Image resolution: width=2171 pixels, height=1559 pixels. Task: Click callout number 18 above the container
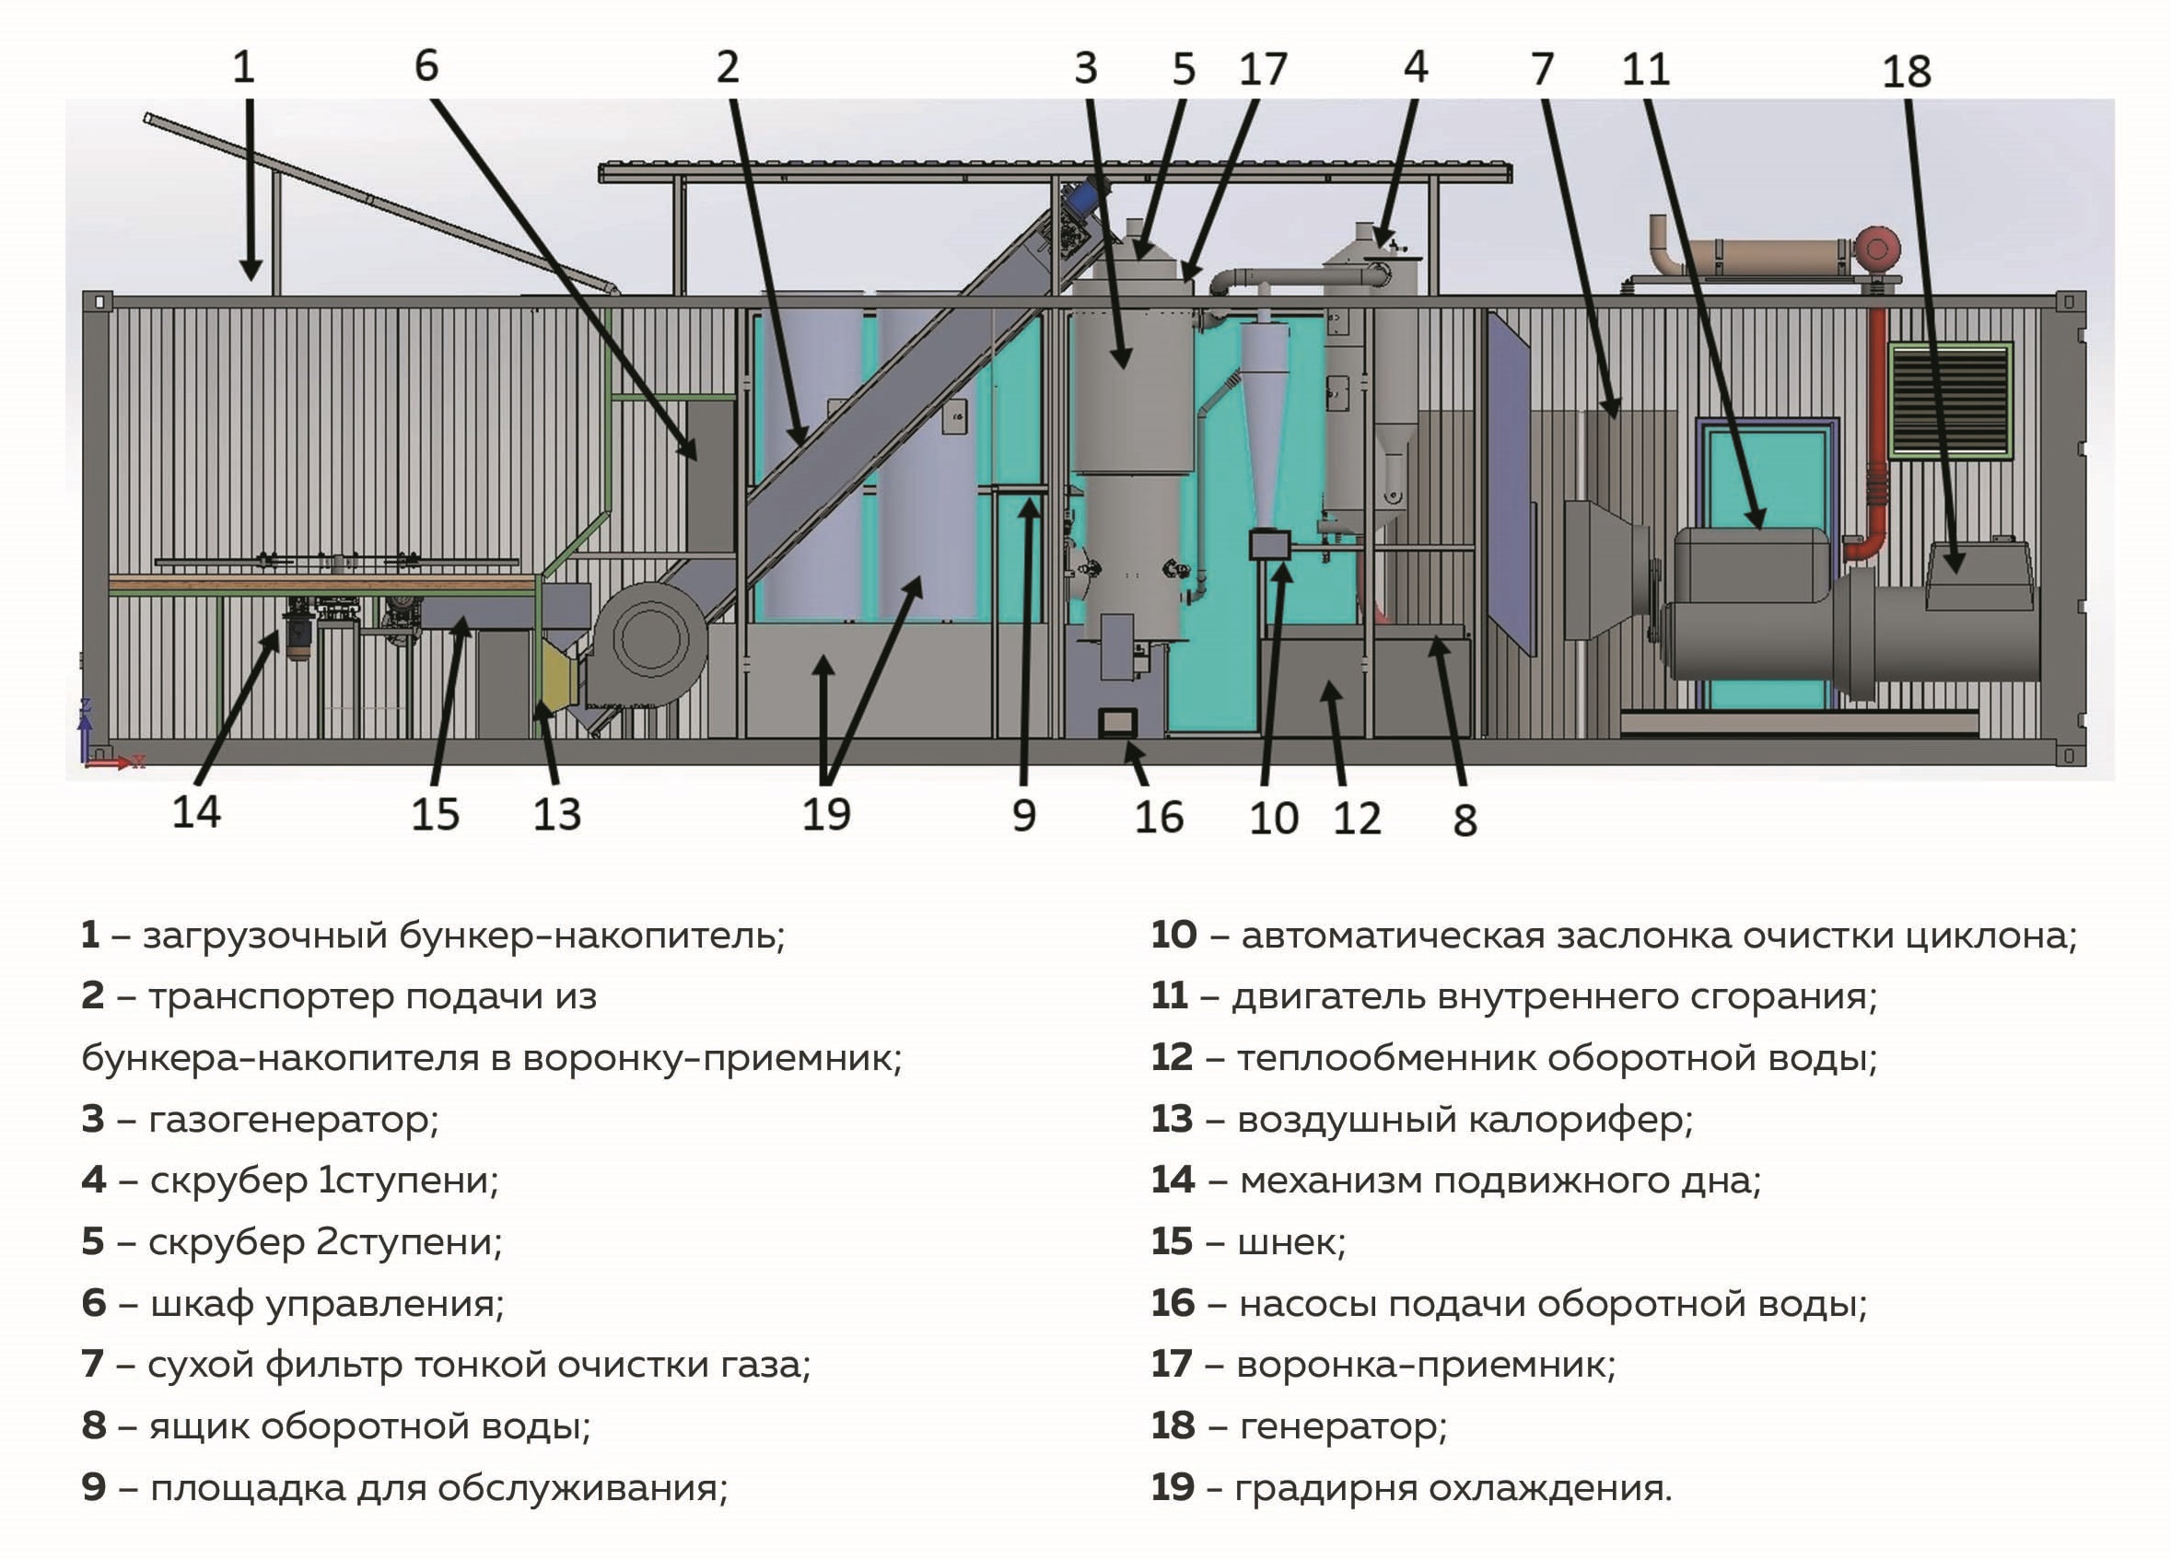[x=1906, y=72]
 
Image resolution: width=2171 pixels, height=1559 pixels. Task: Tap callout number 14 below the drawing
[x=196, y=811]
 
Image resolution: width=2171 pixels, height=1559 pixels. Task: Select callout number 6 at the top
[x=426, y=66]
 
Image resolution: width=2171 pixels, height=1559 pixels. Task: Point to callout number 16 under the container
[x=1158, y=818]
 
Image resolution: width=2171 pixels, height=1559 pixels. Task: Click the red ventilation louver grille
[x=1950, y=399]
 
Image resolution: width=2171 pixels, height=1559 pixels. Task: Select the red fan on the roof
[x=1876, y=249]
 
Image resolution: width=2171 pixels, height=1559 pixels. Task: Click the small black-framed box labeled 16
[x=1117, y=723]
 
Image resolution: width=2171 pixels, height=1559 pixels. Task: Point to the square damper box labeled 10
[x=1270, y=545]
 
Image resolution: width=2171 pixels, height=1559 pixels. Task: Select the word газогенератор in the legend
[x=292, y=1119]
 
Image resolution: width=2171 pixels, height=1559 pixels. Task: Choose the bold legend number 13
[x=1172, y=1119]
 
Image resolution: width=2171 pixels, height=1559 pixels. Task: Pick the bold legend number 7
[x=92, y=1365]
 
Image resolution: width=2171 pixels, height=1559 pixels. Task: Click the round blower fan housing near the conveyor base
[x=648, y=639]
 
